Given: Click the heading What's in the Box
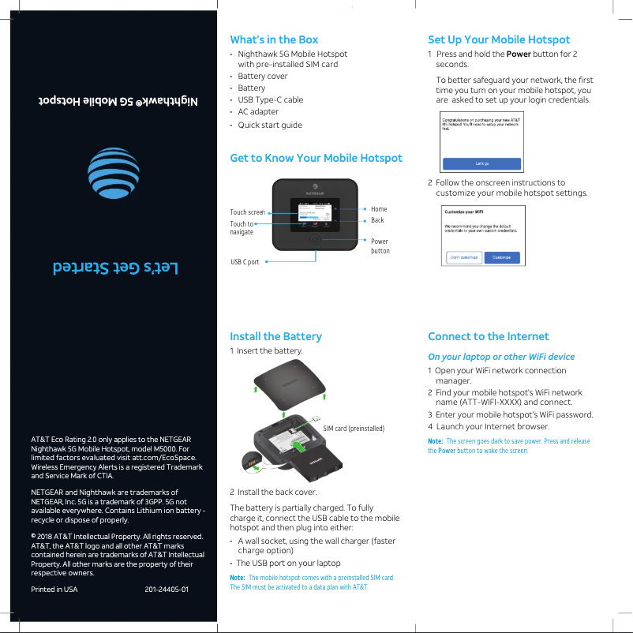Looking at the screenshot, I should click(x=274, y=39).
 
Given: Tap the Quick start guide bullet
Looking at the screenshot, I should click(x=270, y=125).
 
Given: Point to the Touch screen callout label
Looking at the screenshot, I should click(x=247, y=212).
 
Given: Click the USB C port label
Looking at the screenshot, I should click(x=245, y=261).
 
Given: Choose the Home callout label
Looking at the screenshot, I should click(x=379, y=209).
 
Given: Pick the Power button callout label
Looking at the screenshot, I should click(x=380, y=245).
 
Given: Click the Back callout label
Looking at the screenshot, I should click(x=377, y=220).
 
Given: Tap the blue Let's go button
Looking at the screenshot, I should click(x=481, y=163).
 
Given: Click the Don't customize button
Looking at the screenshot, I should click(x=464, y=257).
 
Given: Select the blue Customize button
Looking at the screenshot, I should click(x=502, y=257).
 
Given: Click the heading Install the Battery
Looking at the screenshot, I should click(x=275, y=336).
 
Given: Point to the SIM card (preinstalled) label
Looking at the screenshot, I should click(x=354, y=428).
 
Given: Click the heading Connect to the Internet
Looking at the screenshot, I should click(x=488, y=336).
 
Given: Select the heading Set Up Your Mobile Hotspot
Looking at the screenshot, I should click(x=498, y=39).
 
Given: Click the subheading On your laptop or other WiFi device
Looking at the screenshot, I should click(x=501, y=357).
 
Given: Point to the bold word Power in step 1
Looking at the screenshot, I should click(x=518, y=54).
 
